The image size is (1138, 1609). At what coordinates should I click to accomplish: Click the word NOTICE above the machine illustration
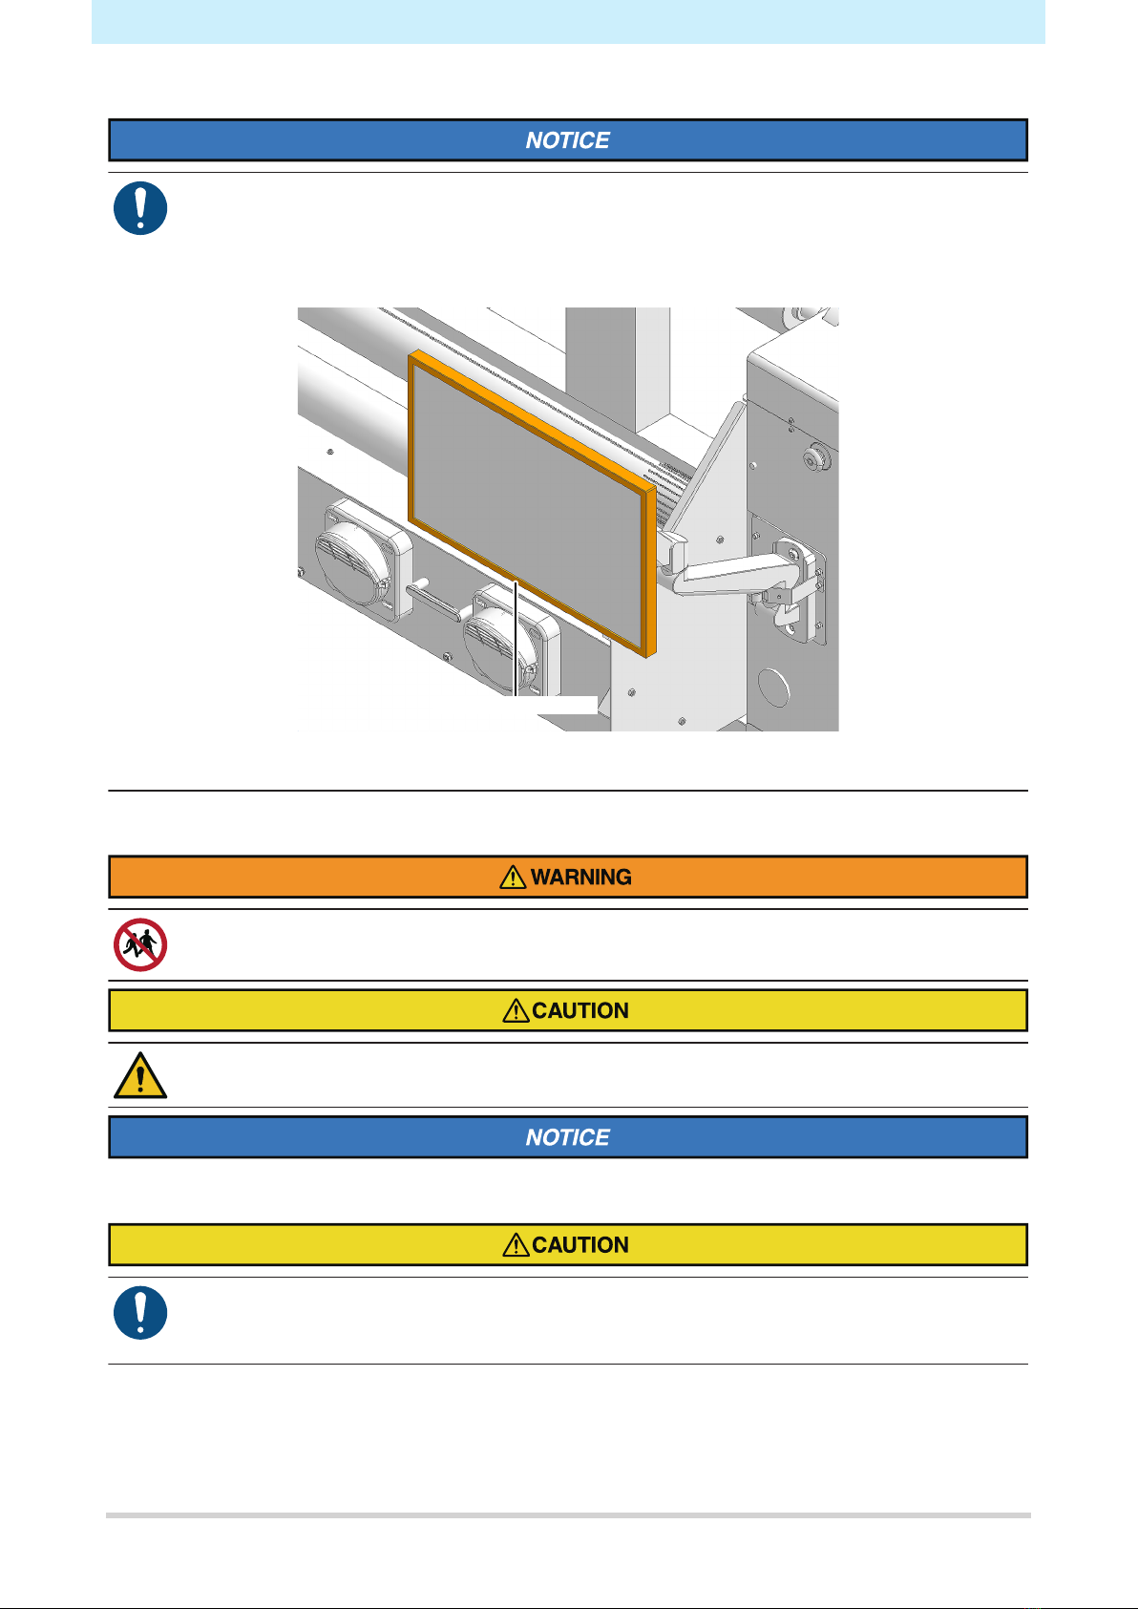coord(567,140)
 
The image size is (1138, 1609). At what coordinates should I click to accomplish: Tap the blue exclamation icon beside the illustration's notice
coord(140,208)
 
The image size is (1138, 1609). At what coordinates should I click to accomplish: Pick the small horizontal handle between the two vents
coord(435,604)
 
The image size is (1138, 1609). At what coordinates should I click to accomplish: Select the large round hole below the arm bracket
coord(773,687)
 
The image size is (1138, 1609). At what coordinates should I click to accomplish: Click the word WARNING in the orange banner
coord(581,877)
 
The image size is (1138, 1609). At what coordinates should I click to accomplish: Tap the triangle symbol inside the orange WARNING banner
coord(513,877)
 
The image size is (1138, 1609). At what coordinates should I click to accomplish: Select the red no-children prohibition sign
coord(140,944)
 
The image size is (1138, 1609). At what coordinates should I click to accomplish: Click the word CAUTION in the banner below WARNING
coord(580,1010)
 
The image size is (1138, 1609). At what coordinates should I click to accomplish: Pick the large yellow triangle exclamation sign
coord(140,1076)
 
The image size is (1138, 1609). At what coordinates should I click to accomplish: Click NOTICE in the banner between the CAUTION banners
coord(567,1137)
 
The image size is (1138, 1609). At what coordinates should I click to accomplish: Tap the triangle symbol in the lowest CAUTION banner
coord(516,1244)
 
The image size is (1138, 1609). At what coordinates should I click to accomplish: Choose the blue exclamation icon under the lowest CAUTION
coord(140,1312)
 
